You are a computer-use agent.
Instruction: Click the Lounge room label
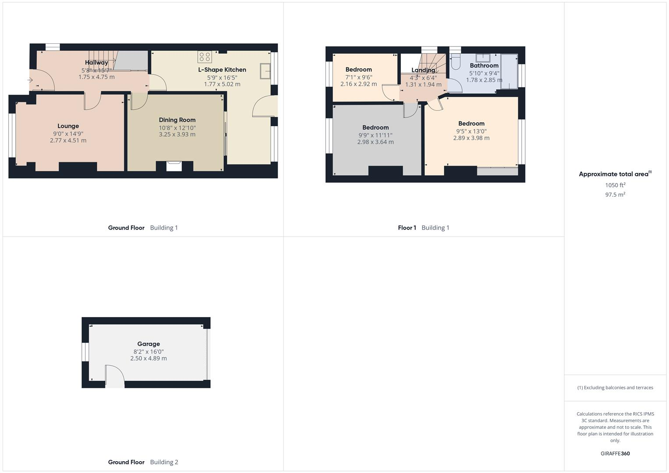point(68,126)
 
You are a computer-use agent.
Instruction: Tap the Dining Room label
point(177,120)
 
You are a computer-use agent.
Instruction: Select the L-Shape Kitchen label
point(222,70)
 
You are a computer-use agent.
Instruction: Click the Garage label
point(149,344)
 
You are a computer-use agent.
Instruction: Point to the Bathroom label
point(484,66)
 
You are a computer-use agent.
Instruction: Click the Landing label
point(423,70)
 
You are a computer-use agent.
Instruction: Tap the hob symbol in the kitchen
point(205,56)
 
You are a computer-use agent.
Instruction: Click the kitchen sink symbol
point(265,71)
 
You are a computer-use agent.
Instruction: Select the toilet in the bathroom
point(455,63)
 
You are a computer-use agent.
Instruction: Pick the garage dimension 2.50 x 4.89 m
point(149,358)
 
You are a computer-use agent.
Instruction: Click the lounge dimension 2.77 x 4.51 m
point(68,141)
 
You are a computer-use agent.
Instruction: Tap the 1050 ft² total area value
point(615,185)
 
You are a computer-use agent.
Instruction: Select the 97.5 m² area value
point(615,194)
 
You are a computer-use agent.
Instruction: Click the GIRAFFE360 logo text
point(615,454)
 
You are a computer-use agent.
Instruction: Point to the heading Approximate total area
point(615,174)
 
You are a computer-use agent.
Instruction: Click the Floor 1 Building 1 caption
point(423,228)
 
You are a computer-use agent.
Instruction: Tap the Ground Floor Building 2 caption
point(143,462)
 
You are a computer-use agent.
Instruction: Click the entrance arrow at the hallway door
point(30,80)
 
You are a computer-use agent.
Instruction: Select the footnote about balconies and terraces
point(615,388)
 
